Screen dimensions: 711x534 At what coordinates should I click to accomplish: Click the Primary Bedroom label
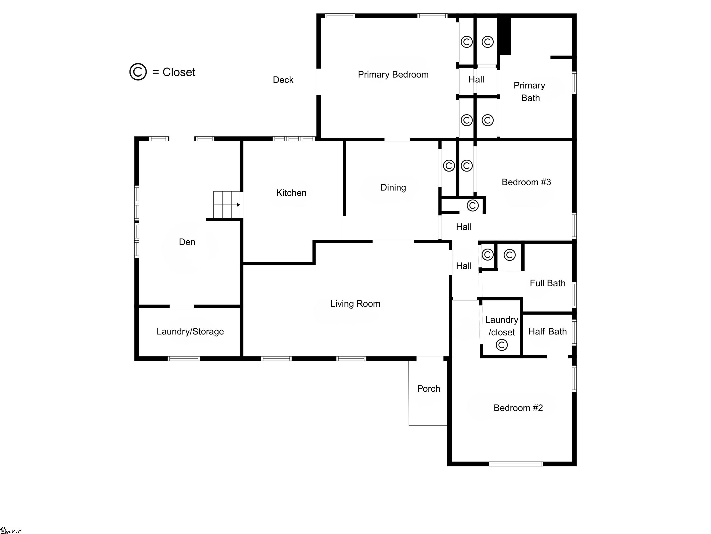(x=393, y=75)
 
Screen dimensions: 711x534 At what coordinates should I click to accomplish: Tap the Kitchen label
(x=291, y=193)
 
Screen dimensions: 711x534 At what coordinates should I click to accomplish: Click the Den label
(x=187, y=242)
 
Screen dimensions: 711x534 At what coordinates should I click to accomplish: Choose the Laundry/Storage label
(x=190, y=332)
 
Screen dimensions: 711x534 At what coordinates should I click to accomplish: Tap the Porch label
(x=429, y=389)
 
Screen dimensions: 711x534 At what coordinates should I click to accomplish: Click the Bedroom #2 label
(x=518, y=408)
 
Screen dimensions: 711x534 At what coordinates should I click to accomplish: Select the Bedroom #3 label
(x=526, y=182)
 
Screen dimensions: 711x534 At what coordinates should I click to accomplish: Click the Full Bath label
(x=547, y=283)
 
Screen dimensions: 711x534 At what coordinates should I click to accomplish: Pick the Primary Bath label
(x=529, y=92)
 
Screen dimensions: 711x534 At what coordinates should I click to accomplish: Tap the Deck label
(x=283, y=80)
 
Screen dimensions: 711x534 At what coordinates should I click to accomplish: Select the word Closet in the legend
(x=179, y=72)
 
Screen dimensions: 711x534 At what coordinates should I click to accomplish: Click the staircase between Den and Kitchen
(x=227, y=205)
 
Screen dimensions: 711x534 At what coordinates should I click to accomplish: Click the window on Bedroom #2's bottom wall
(x=516, y=464)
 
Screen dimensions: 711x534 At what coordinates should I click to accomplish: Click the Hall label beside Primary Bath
(x=476, y=79)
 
